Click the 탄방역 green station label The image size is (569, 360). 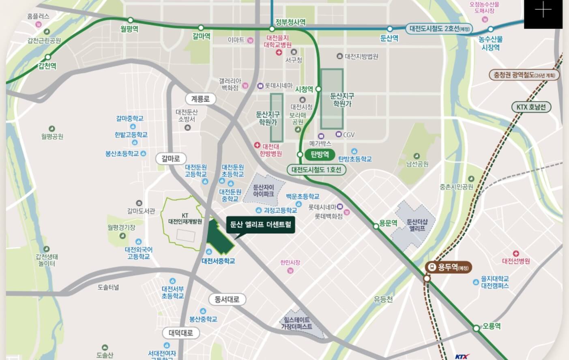point(320,154)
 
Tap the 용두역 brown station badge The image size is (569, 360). point(449,267)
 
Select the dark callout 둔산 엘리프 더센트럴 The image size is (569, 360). point(260,224)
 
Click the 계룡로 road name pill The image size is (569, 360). point(200,99)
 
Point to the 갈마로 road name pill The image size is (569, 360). point(170,159)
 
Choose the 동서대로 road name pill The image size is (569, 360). point(227,300)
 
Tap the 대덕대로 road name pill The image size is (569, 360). point(181,333)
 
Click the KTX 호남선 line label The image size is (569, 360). point(531,107)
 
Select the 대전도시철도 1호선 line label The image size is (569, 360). point(316,169)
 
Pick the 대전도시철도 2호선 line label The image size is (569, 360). point(439,29)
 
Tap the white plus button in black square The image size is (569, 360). point(543,11)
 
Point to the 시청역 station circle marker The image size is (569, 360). point(318,89)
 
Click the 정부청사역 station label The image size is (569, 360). point(290,22)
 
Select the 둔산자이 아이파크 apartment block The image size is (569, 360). point(263,191)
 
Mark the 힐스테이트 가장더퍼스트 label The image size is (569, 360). point(298,323)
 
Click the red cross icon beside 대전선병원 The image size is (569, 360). point(515,253)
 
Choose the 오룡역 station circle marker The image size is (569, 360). point(477,328)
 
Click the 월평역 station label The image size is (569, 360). point(129,29)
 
